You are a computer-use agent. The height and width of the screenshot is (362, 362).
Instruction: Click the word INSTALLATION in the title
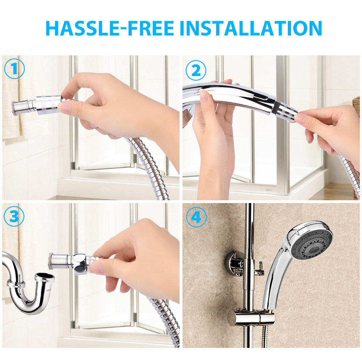[x=251, y=28]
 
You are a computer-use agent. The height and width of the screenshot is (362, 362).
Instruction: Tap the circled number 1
[x=14, y=69]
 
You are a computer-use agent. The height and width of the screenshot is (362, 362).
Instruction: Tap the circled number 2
[x=196, y=71]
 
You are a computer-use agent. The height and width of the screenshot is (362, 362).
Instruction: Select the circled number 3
[x=14, y=217]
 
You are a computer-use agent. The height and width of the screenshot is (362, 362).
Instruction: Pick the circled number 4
[x=196, y=218]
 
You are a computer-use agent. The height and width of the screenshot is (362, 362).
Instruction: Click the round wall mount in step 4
[x=233, y=263]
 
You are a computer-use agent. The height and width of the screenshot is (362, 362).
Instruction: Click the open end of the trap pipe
[x=45, y=278]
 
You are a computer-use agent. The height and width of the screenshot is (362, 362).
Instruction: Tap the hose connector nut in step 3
[x=81, y=261]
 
